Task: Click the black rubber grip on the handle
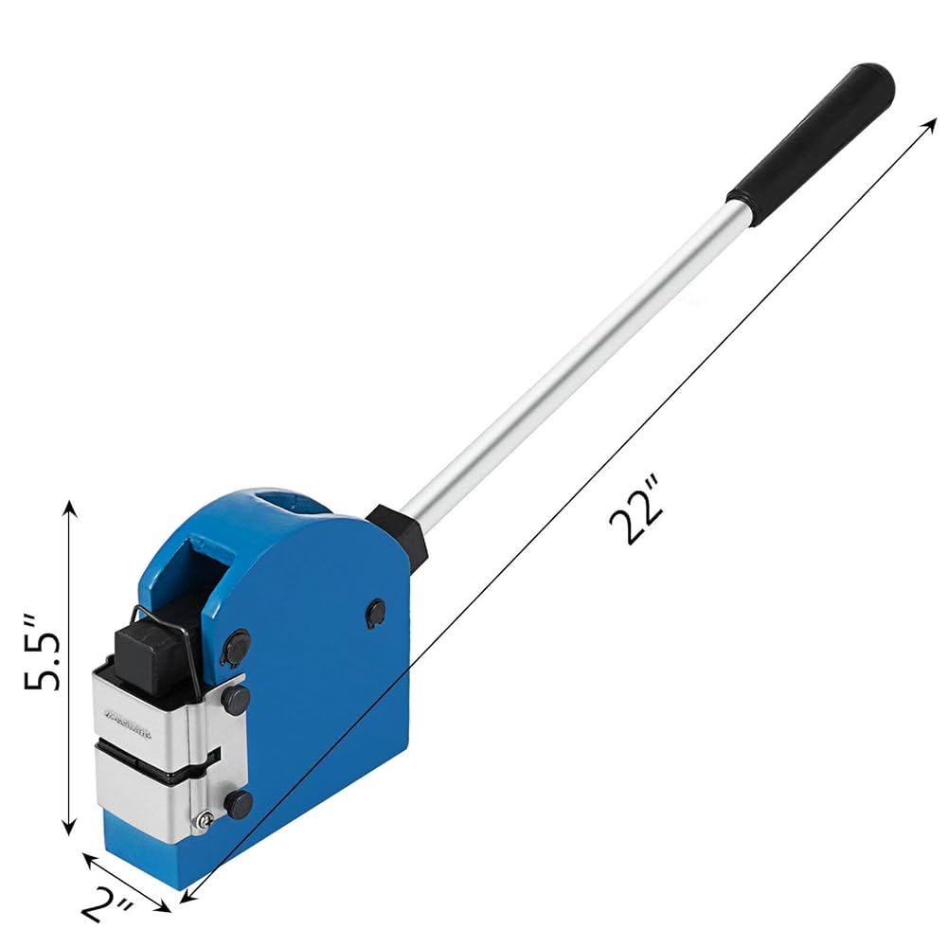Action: coord(812,132)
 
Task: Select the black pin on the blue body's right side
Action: coord(376,613)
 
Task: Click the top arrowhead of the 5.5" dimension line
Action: coord(69,506)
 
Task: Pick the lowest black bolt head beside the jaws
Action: coord(238,804)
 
